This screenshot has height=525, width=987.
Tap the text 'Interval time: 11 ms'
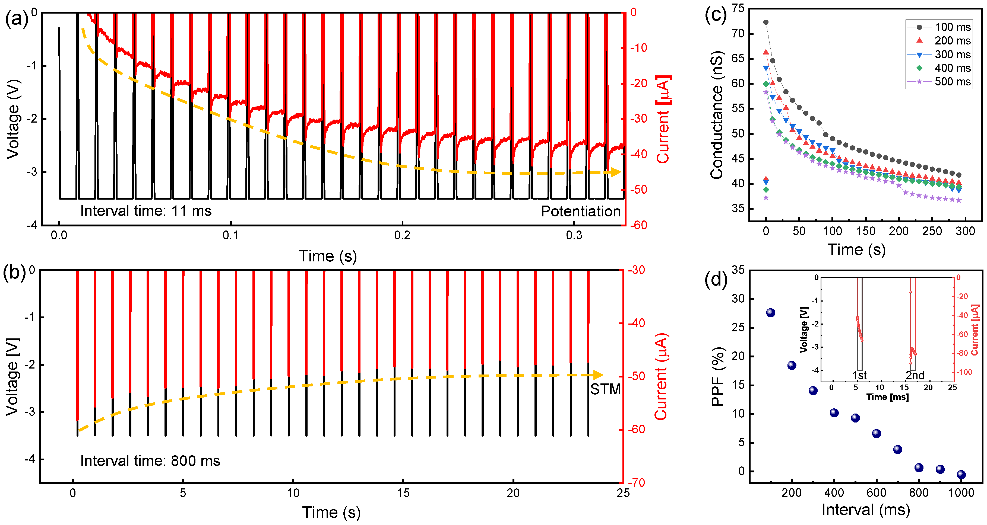coord(145,211)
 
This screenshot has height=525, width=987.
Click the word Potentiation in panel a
coord(580,211)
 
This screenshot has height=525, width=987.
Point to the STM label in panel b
coord(605,389)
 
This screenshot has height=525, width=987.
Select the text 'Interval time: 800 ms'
coord(150,461)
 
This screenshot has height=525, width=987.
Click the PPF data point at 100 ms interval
coord(771,313)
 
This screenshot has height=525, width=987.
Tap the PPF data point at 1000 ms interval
coord(961,475)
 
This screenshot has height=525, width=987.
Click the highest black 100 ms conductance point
coord(766,22)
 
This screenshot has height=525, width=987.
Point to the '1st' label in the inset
coord(859,375)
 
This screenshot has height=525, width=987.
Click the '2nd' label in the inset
coord(915,375)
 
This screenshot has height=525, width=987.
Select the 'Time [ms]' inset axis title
coord(887,397)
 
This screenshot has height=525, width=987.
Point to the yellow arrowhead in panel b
coord(598,375)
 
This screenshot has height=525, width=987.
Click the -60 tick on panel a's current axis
coord(639,225)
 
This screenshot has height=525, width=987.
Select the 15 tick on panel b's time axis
coord(403,493)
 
